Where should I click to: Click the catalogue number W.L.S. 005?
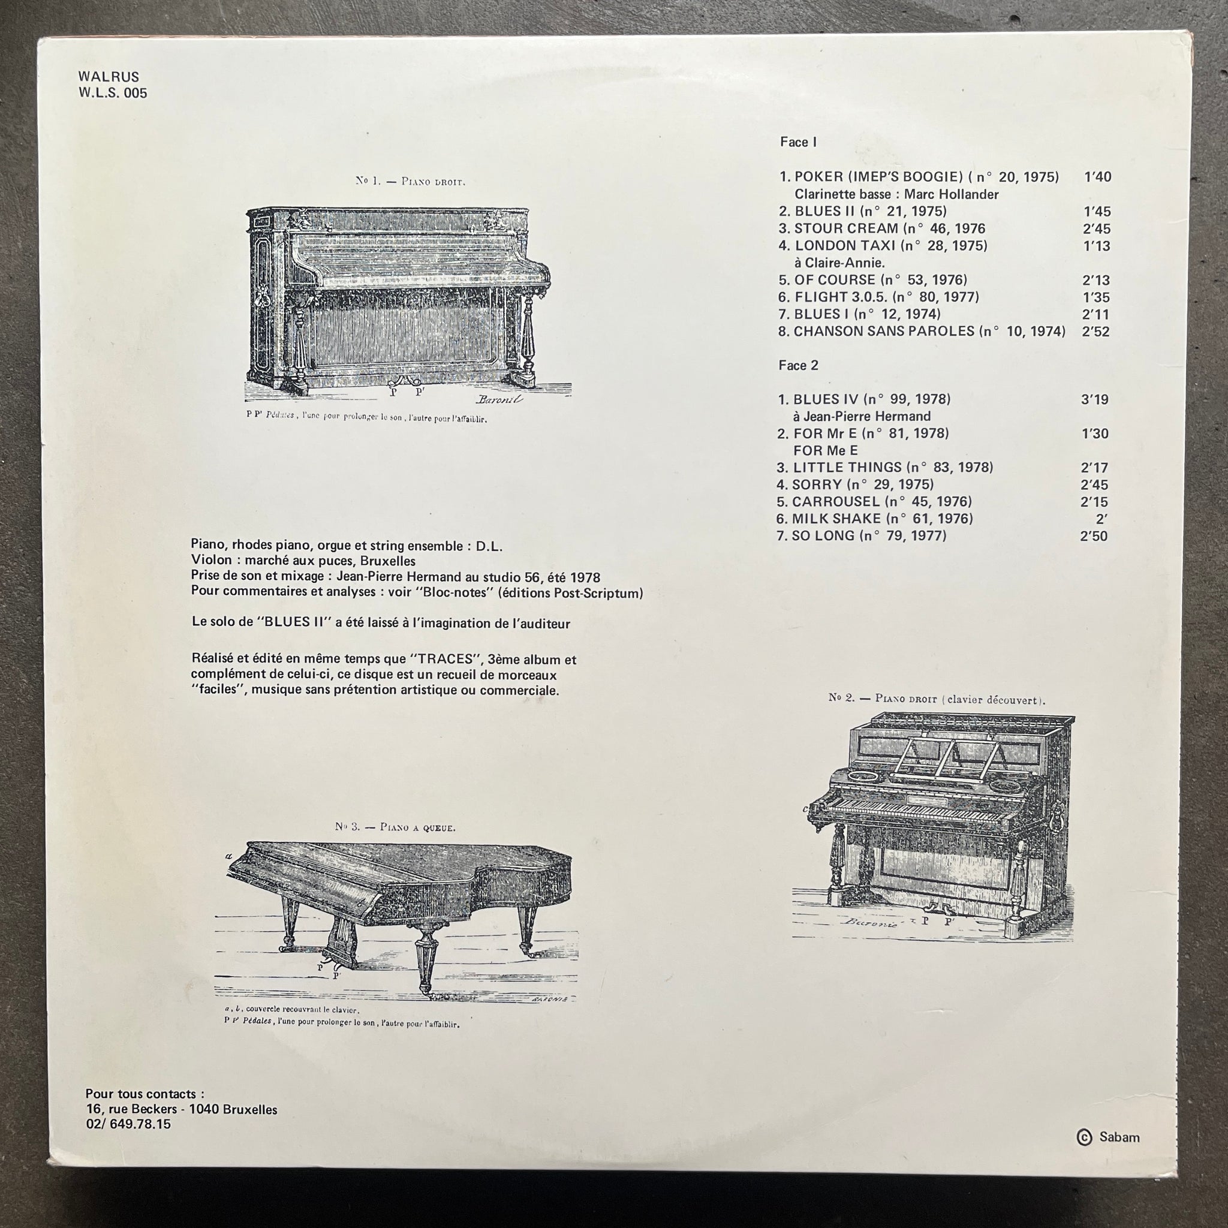pyautogui.click(x=113, y=93)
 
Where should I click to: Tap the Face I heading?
pyautogui.click(x=797, y=142)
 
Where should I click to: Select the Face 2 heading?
pyautogui.click(x=798, y=366)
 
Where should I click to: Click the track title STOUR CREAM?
pyautogui.click(x=846, y=228)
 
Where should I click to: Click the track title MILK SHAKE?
pyautogui.click(x=836, y=519)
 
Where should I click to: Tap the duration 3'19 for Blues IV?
pyautogui.click(x=1094, y=400)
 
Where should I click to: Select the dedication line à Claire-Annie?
pyautogui.click(x=839, y=263)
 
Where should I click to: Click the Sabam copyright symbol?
pyautogui.click(x=1084, y=1137)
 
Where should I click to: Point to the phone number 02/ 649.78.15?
pyautogui.click(x=128, y=1124)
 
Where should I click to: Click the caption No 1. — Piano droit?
pyautogui.click(x=410, y=181)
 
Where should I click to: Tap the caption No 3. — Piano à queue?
pyautogui.click(x=395, y=827)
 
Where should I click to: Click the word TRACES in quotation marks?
pyautogui.click(x=446, y=659)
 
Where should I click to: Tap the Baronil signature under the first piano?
pyautogui.click(x=499, y=399)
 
